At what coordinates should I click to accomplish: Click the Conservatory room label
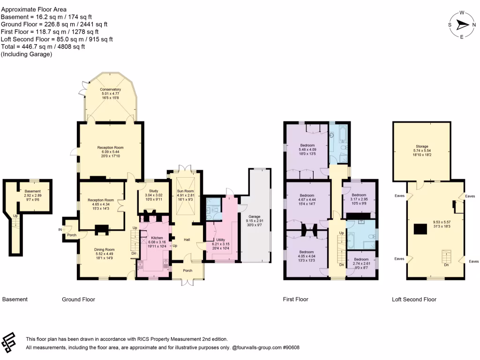pos(110,90)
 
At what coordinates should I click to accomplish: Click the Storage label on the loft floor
pos(421,146)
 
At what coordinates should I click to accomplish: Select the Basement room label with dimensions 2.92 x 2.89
pos(33,191)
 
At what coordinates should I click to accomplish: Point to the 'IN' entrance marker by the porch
pos(60,229)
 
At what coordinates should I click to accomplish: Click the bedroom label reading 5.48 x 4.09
pos(307,146)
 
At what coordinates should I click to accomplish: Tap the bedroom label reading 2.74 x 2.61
pos(361,259)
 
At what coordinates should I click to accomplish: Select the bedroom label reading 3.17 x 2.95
pos(359,195)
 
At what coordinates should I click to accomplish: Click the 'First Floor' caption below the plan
pos(295,299)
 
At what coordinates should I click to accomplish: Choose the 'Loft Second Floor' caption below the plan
pos(414,299)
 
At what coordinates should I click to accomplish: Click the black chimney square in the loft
pos(420,228)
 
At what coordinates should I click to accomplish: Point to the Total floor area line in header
pos(43,46)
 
